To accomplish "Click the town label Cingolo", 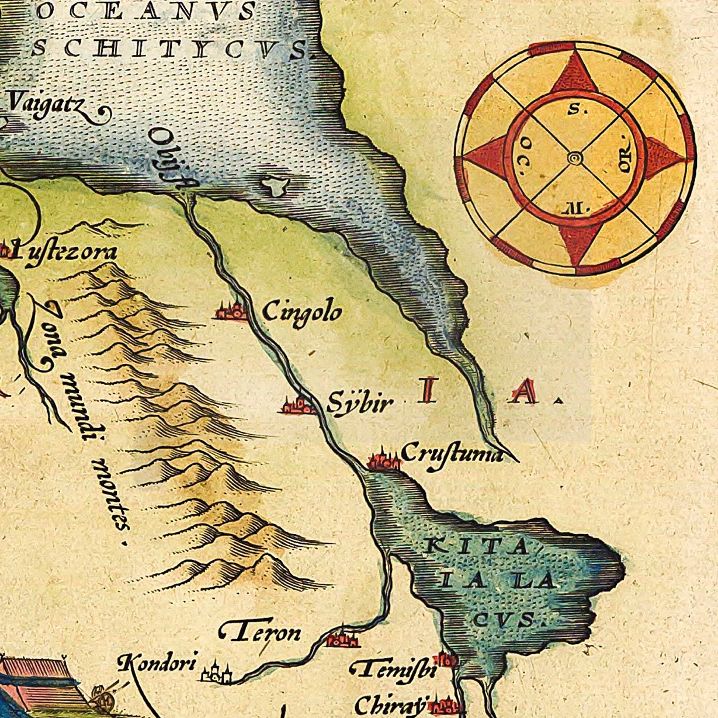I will tap(301, 312).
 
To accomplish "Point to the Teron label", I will tap(261, 632).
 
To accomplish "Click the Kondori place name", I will tap(157, 662).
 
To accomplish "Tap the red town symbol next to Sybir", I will tap(299, 404).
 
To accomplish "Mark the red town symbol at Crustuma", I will tap(384, 460).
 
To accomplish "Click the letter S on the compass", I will tap(574, 109).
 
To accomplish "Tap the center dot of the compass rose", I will tap(575, 158).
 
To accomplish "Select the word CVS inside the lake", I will tap(503, 618).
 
